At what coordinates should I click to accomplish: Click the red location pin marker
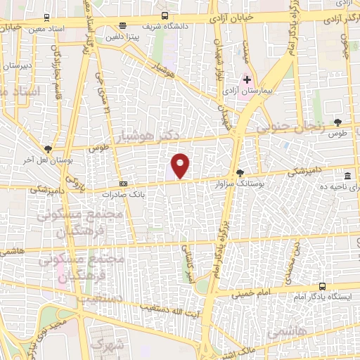click(181, 165)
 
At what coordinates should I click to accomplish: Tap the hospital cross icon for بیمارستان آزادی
click(247, 79)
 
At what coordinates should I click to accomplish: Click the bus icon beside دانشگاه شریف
click(165, 15)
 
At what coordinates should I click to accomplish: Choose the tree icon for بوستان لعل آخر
click(48, 148)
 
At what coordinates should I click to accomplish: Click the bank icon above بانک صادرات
click(123, 184)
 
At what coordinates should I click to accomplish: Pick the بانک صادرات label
click(122, 193)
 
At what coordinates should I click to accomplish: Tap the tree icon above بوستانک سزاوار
click(240, 172)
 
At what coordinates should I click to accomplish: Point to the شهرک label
click(112, 345)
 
